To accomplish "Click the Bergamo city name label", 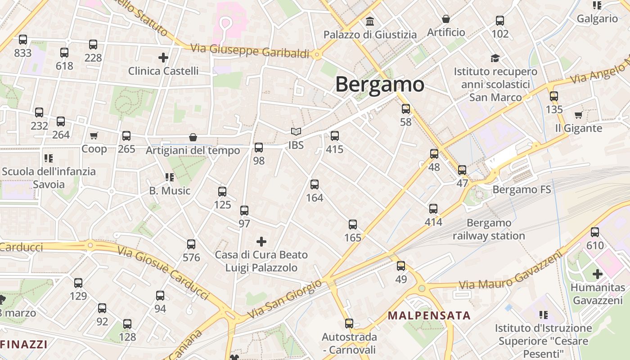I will pos(380,85).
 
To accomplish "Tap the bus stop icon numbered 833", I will pos(23,40).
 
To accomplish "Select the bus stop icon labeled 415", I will pos(334,135).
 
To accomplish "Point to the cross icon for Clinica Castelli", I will pos(163,58).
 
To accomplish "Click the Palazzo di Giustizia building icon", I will pos(370,21).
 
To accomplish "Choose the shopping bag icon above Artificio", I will pos(445,19).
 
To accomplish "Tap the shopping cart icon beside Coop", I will pos(94,135).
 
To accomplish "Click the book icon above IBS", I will pos(296,131).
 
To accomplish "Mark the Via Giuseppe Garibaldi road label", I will pos(250,51).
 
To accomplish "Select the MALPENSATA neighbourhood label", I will pos(429,315).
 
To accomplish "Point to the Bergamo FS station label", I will pos(522,189).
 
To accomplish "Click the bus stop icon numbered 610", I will pos(595,232).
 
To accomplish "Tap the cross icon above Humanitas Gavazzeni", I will pos(598,274).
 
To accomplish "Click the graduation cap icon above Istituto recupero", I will pos(495,58).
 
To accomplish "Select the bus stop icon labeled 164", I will pos(315,184).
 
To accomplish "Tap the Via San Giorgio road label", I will pos(284,299).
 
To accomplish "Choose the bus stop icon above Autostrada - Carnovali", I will pos(349,323).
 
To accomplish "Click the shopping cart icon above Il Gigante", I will pos(578,115).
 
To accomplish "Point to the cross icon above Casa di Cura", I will pos(261,242).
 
